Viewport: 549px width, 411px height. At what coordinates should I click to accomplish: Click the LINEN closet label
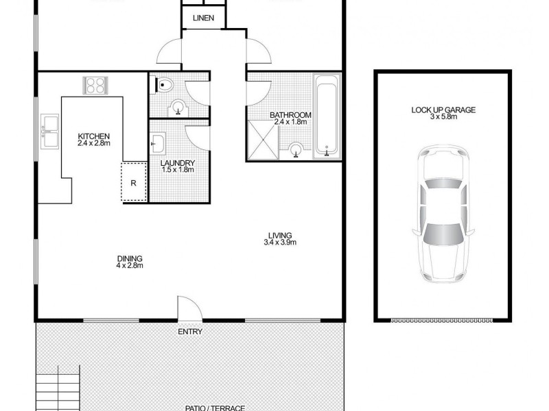[x=203, y=18]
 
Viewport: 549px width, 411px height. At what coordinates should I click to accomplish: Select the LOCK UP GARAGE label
[x=443, y=110]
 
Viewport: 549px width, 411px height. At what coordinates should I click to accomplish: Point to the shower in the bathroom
[x=264, y=140]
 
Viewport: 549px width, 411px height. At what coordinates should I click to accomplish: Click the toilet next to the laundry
[x=165, y=86]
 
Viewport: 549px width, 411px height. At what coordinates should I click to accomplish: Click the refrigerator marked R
[x=134, y=182]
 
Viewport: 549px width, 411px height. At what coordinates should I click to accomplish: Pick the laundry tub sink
[x=157, y=144]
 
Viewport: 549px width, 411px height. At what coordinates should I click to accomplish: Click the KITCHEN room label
[x=94, y=136]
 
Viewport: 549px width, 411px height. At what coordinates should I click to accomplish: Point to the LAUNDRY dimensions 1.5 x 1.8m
[x=177, y=170]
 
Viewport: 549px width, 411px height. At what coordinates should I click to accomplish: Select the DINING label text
[x=129, y=258]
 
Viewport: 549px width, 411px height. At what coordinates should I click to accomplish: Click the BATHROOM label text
[x=290, y=115]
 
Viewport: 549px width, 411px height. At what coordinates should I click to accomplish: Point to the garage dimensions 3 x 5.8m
[x=443, y=117]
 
